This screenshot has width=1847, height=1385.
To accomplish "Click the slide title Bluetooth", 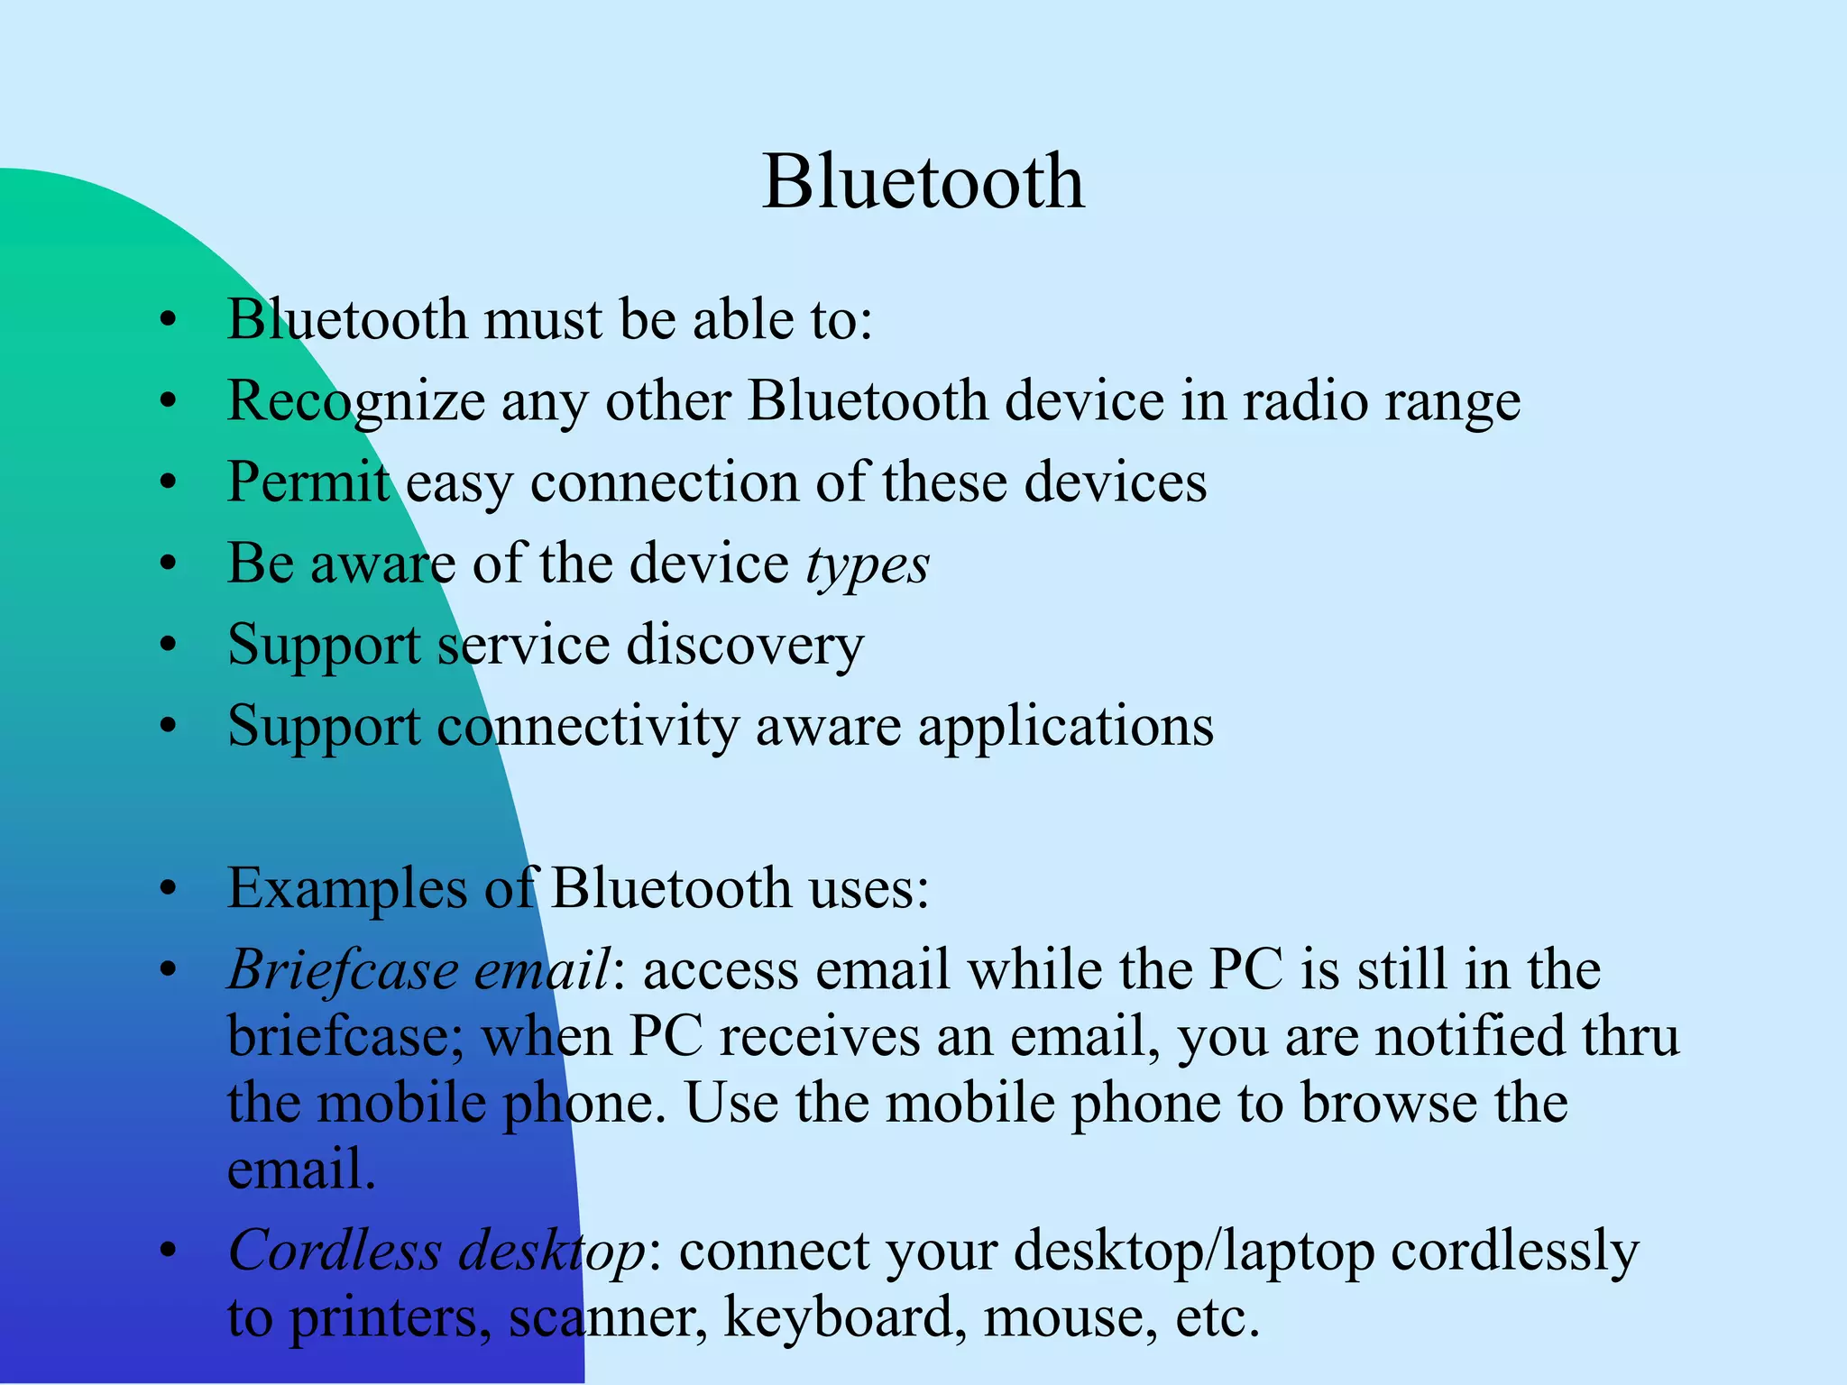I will click(923, 182).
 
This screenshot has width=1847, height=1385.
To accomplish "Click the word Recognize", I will click(355, 401).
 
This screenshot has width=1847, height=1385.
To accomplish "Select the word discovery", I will click(745, 646).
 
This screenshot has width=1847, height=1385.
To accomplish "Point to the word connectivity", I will click(588, 727).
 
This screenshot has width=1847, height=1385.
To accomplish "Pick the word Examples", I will click(346, 890).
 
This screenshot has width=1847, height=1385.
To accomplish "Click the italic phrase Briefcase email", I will click(418, 971).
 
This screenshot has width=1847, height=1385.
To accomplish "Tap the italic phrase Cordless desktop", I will click(436, 1251).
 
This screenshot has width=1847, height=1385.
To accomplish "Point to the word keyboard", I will click(839, 1317).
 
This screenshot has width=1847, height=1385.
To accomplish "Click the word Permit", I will click(308, 482).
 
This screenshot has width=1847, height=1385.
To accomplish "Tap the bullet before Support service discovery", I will click(168, 646).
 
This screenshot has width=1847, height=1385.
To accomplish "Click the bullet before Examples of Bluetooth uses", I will click(168, 890).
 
